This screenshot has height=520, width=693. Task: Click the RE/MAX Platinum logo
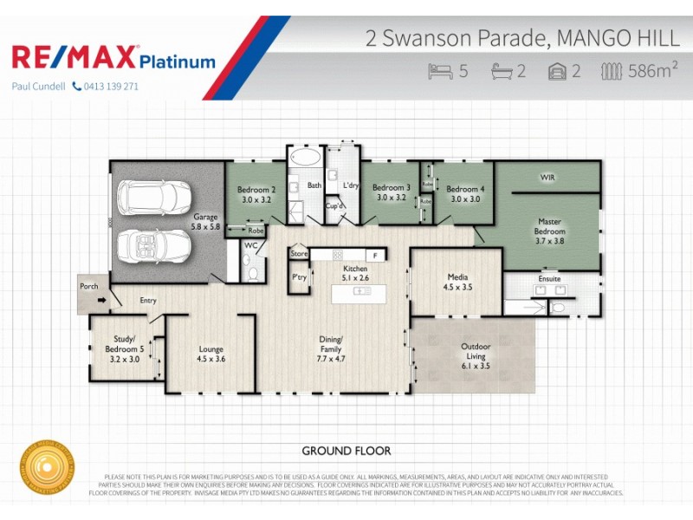click(x=113, y=58)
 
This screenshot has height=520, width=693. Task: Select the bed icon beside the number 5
click(x=440, y=71)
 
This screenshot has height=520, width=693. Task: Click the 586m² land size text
click(x=651, y=71)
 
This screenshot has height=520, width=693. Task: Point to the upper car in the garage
click(x=154, y=197)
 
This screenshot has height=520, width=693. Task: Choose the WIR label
click(x=547, y=177)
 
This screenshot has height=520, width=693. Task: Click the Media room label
click(x=457, y=280)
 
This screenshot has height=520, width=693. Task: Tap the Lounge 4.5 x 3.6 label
click(x=210, y=354)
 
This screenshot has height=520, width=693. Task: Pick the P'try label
click(x=300, y=277)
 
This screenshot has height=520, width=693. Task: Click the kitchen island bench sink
click(x=361, y=290)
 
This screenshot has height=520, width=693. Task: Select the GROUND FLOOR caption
click(x=346, y=451)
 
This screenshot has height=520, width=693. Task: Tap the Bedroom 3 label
click(x=392, y=192)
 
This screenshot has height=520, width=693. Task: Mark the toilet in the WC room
click(x=252, y=273)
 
